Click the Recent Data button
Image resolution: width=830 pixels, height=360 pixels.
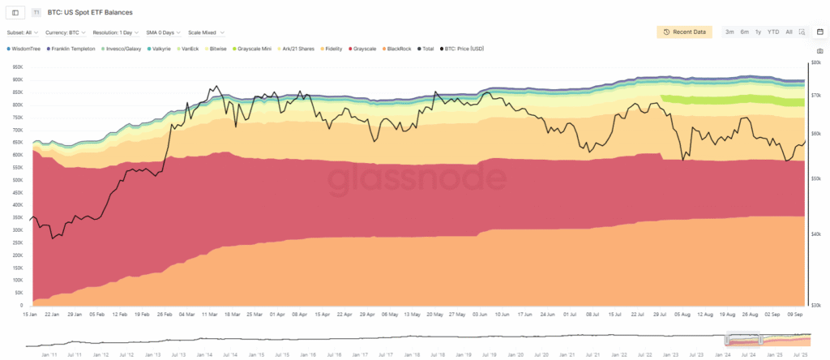tap(685, 32)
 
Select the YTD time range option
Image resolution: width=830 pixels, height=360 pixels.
tap(773, 32)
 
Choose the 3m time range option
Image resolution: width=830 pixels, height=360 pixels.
tap(729, 32)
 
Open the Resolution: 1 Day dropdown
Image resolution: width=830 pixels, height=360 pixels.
tap(114, 32)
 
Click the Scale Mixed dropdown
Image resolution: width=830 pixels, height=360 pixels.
tap(206, 32)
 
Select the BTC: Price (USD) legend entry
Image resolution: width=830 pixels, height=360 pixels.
tap(463, 49)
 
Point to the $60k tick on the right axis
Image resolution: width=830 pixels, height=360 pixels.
tap(817, 133)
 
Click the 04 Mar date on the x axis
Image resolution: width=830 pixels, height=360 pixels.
tap(186, 313)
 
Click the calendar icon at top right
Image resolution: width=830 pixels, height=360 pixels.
tap(819, 32)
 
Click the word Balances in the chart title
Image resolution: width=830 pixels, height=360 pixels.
tap(118, 13)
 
